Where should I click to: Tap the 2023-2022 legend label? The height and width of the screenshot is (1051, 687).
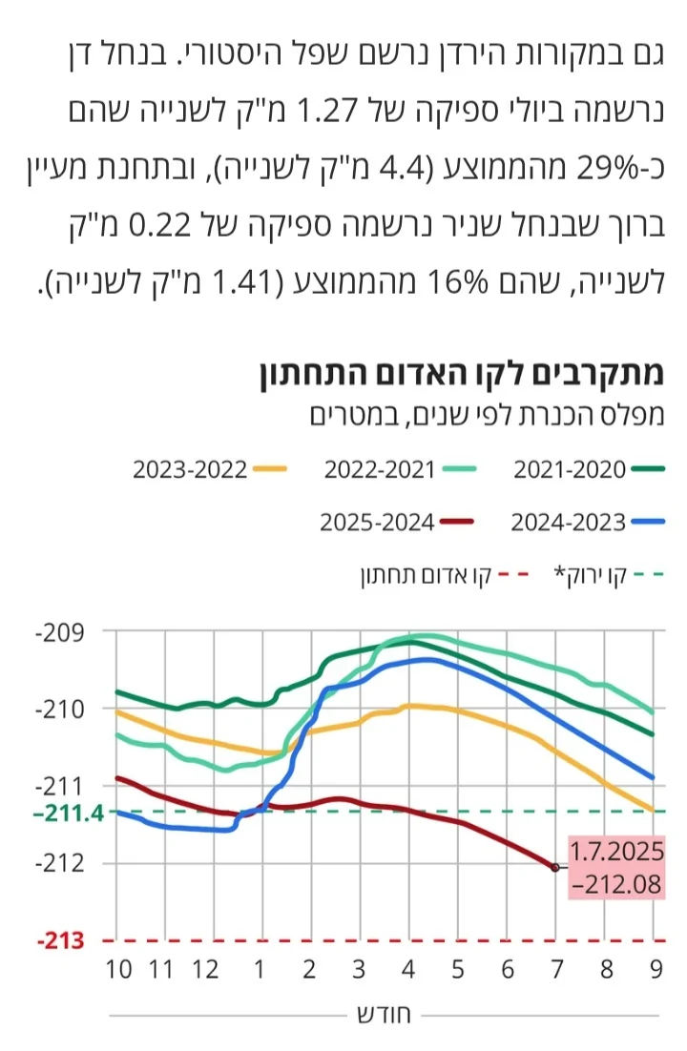[x=190, y=470]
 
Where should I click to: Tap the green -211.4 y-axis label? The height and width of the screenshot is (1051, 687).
[x=58, y=814]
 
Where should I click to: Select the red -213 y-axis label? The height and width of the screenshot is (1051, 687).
[x=61, y=941]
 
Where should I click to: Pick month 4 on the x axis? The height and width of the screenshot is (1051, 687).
[x=408, y=970]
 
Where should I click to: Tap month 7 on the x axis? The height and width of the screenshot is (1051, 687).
[x=556, y=970]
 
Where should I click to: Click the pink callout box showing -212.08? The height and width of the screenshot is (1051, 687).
[x=615, y=868]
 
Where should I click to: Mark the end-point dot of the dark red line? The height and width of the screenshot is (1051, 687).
[x=555, y=867]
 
